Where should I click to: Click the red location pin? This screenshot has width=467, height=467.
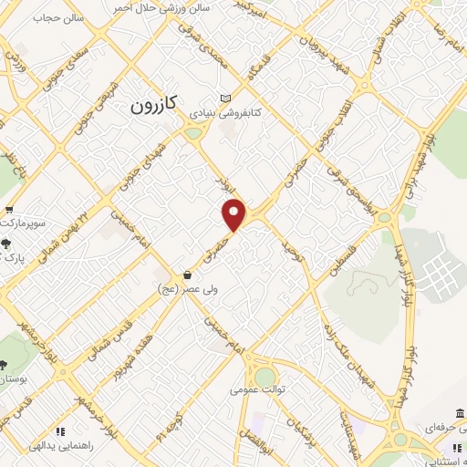pos(235,213)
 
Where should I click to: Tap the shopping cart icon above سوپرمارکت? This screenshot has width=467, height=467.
pos(8,207)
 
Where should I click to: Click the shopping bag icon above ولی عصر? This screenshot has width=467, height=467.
pos(186,275)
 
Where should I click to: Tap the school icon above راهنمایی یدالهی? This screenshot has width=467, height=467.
pos(60,431)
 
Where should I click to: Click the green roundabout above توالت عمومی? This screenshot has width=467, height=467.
pos(265,376)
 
